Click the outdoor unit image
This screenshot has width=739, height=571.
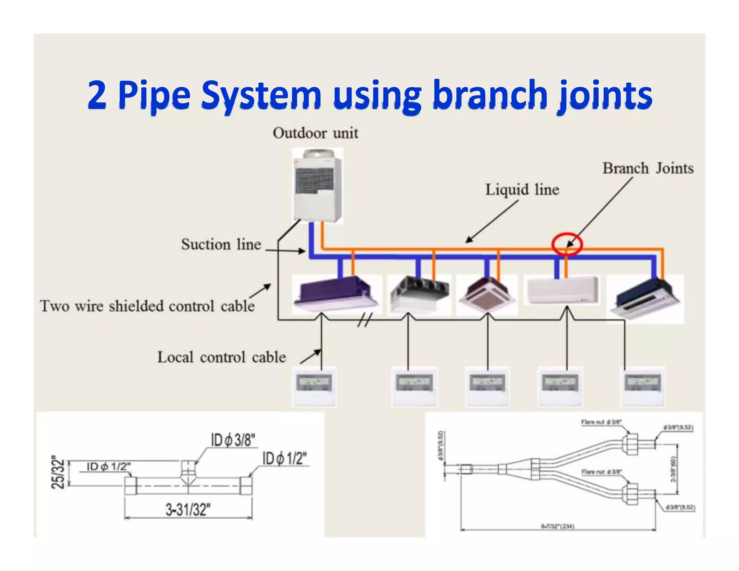(x=317, y=186)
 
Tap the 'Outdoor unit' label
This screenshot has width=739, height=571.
(x=315, y=133)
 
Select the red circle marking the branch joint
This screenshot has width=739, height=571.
(x=567, y=244)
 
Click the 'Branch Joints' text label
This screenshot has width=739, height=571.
(x=648, y=169)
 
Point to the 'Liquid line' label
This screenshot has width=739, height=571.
(x=522, y=190)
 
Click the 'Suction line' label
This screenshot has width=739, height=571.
(x=221, y=244)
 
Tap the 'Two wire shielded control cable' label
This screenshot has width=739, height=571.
(x=147, y=306)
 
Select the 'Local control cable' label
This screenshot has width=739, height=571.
(x=222, y=357)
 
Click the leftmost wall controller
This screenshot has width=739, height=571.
(x=314, y=386)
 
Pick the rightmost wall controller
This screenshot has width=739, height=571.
(x=643, y=386)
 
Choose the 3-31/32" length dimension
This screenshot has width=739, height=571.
(x=188, y=510)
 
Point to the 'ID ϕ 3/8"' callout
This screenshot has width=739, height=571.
(x=233, y=440)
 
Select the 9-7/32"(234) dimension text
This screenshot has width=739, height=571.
(x=557, y=526)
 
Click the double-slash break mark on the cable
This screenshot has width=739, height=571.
(x=365, y=320)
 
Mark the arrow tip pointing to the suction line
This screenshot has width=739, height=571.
(x=305, y=251)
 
